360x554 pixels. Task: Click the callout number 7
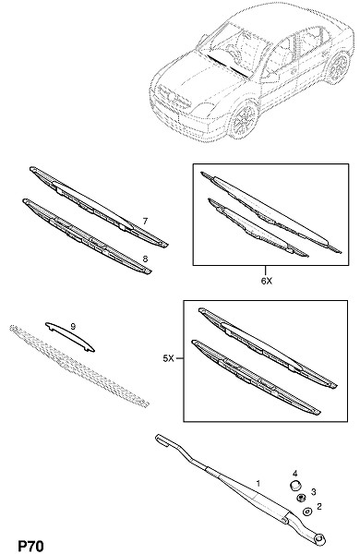click(145, 222)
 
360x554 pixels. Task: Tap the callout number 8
click(145, 259)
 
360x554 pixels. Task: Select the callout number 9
click(73, 327)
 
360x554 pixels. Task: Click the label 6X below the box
click(267, 281)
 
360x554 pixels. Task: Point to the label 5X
click(169, 358)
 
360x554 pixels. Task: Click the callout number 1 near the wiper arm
click(258, 483)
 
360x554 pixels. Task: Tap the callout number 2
click(319, 507)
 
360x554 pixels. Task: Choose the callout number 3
click(313, 491)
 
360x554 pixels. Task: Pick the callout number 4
click(295, 474)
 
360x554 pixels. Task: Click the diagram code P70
click(30, 546)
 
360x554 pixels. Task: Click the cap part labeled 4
click(294, 485)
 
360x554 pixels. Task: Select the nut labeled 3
click(301, 498)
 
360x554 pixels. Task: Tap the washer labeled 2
click(306, 512)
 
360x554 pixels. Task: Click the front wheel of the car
click(245, 120)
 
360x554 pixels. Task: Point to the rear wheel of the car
click(339, 67)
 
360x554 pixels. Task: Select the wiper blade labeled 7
click(99, 207)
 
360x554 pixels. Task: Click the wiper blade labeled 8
click(87, 236)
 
